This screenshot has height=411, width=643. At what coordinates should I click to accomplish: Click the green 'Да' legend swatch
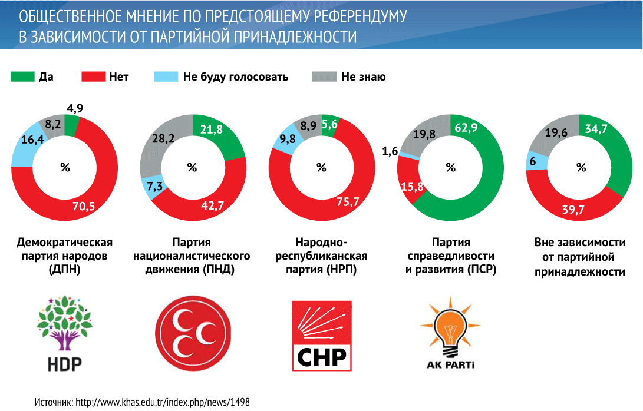pos(22,77)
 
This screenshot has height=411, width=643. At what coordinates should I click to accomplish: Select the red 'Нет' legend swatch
pos(92,77)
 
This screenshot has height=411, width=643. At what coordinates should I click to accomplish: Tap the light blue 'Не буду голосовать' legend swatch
pos(166,77)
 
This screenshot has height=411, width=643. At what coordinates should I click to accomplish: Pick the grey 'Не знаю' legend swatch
pos(324,77)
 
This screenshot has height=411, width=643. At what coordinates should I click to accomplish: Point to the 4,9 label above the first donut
pos(75,108)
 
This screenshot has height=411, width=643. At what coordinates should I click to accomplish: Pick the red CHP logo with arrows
pos(322,336)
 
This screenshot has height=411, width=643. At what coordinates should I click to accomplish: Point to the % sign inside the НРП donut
pos(322,168)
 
